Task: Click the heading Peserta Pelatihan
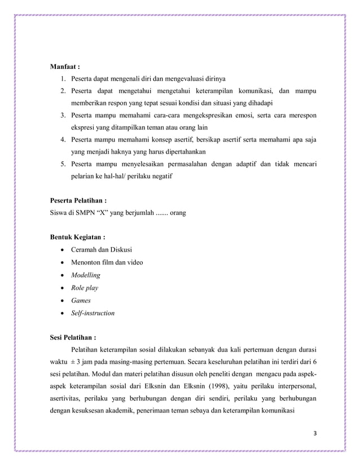coord(80,200)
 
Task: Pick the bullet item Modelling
coord(85,275)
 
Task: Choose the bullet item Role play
coord(85,288)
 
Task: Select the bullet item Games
coord(81,300)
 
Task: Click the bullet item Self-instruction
coord(93,313)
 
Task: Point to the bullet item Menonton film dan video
coord(107,262)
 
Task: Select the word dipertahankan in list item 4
coord(182,152)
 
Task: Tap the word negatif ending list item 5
coord(161,176)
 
